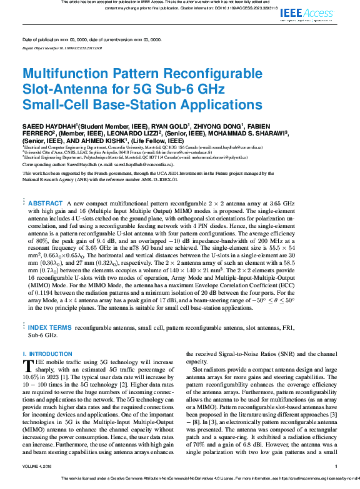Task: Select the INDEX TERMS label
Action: point(49,327)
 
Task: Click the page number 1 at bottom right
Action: point(336,466)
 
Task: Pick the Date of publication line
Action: point(91,39)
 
